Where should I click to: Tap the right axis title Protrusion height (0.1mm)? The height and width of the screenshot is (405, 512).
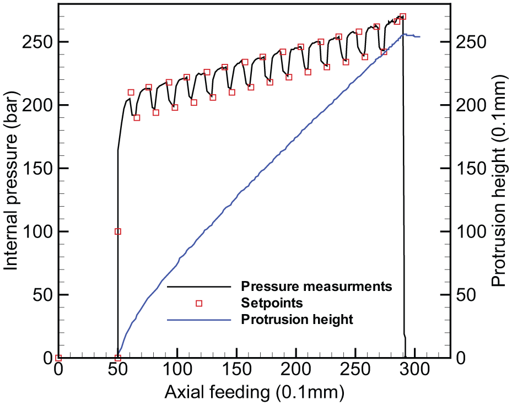point(499,181)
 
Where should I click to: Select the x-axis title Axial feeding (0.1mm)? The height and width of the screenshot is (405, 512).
point(255,392)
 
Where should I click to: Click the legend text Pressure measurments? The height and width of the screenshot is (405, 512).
point(316,286)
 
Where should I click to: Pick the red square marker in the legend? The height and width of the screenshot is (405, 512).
point(199,304)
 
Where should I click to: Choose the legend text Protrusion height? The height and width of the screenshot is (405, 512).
point(297,319)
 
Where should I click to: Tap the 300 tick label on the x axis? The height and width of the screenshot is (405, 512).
point(415,370)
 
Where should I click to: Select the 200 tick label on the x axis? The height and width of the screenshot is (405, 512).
point(296,370)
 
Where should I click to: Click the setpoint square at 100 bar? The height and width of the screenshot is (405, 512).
point(118,232)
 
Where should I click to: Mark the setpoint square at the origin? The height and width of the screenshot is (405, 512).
point(58,358)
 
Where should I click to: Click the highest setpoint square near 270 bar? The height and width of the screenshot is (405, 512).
point(403,17)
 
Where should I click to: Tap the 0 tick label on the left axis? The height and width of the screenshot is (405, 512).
point(47,358)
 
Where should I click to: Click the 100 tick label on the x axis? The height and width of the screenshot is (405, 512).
point(177,370)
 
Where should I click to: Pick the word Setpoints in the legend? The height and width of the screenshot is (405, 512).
point(272,303)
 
